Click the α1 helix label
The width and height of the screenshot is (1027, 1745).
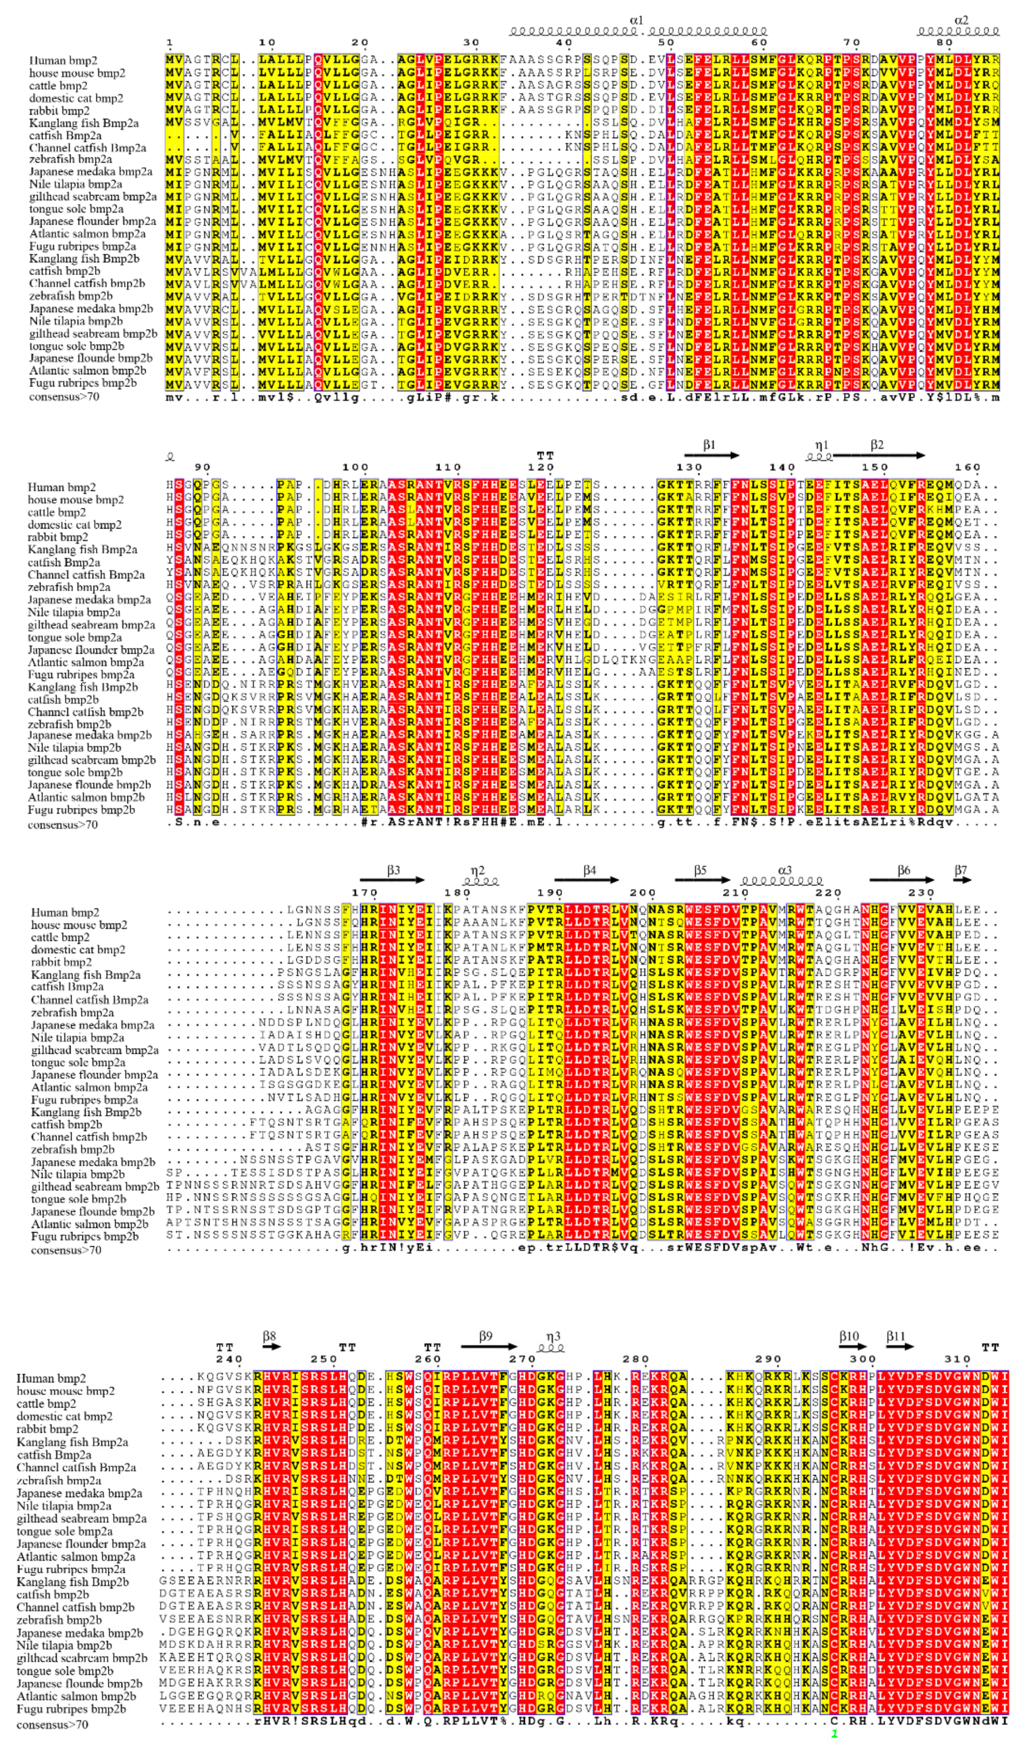[x=636, y=20]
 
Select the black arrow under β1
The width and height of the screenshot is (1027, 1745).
[x=712, y=456]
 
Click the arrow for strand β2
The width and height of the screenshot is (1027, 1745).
[x=879, y=456]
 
